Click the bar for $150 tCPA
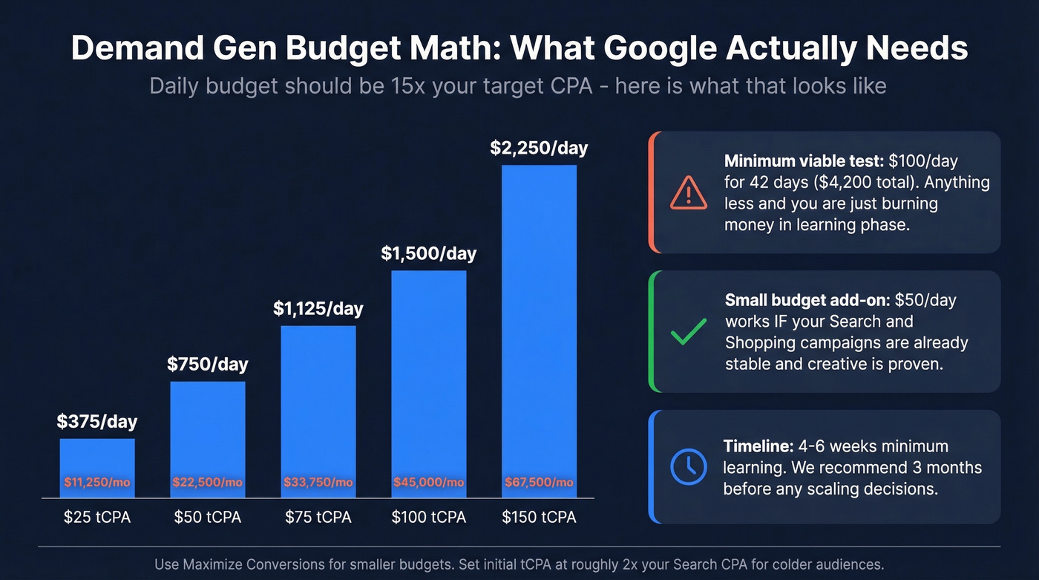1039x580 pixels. click(539, 327)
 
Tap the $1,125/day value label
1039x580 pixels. click(318, 308)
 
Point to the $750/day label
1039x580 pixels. click(208, 364)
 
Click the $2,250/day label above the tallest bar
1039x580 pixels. click(539, 148)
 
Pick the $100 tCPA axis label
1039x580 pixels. click(429, 517)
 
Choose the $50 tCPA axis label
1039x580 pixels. click(208, 517)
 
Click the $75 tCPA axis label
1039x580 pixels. click(318, 517)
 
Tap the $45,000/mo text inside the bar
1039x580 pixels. click(429, 483)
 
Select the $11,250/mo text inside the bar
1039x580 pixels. click(97, 483)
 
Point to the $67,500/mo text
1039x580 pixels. click(539, 483)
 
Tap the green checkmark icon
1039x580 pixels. click(689, 331)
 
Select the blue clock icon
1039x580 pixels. click(689, 466)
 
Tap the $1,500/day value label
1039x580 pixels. click(429, 253)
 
